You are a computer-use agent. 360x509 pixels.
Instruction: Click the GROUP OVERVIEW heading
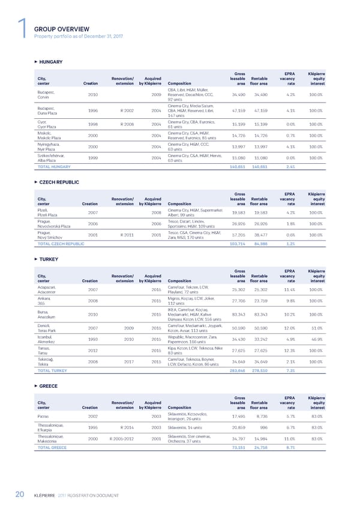62,29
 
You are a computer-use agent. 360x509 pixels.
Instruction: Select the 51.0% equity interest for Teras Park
316,328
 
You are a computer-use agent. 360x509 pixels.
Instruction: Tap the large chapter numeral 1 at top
22,29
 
